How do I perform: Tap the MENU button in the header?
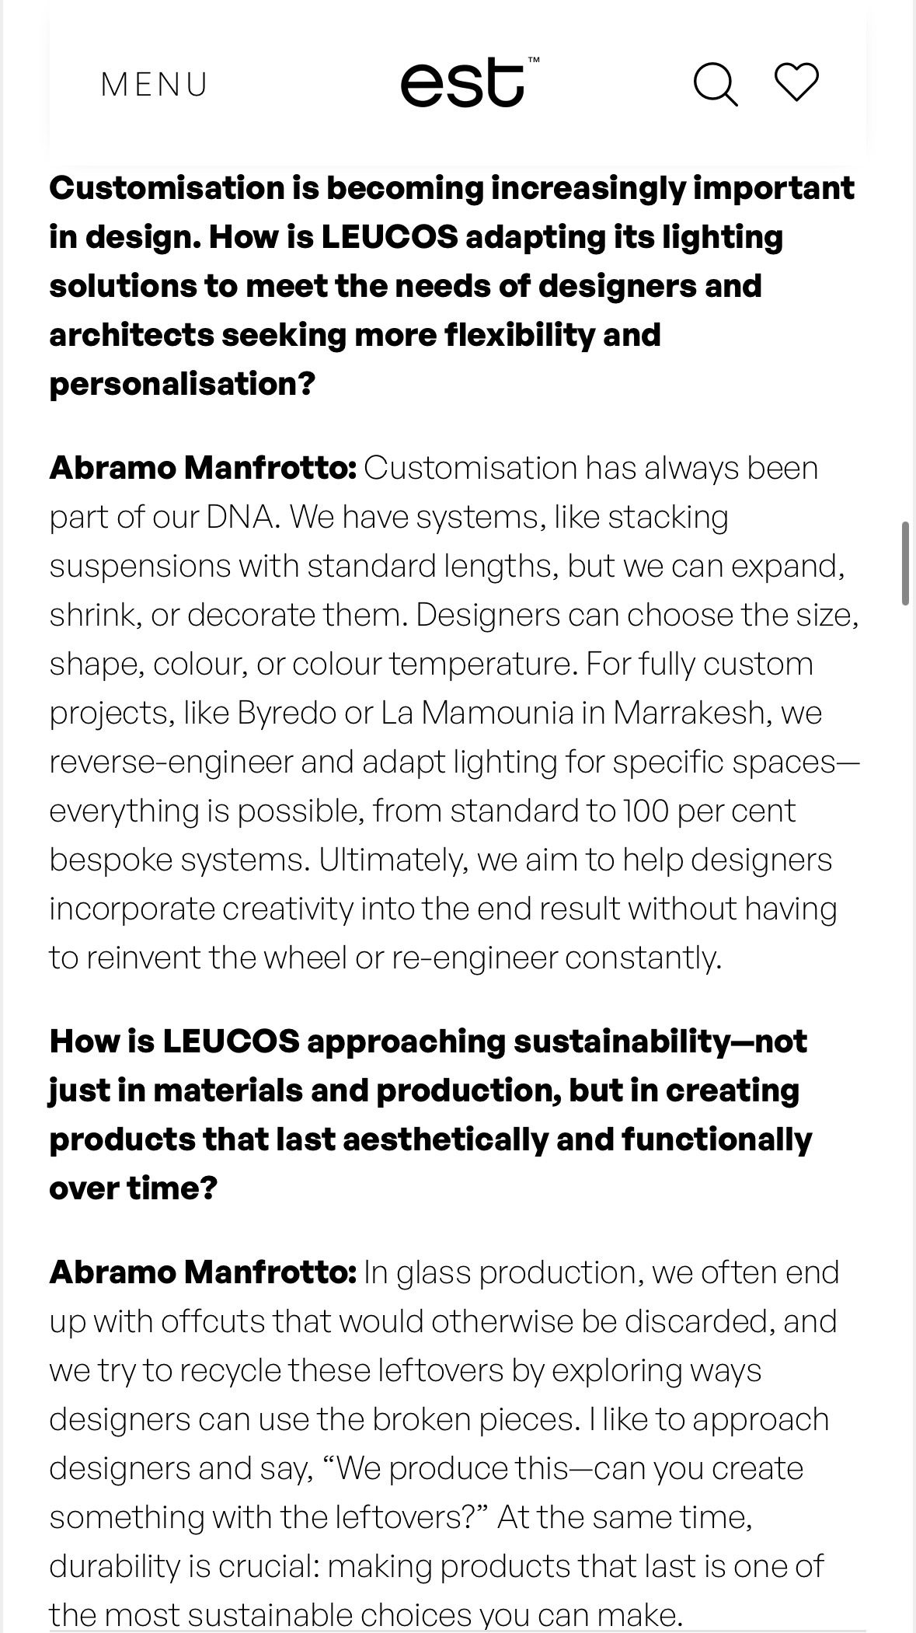point(155,85)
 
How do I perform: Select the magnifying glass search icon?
point(715,84)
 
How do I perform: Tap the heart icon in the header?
point(796,82)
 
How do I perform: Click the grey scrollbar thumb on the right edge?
point(905,564)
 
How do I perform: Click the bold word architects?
point(131,335)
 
